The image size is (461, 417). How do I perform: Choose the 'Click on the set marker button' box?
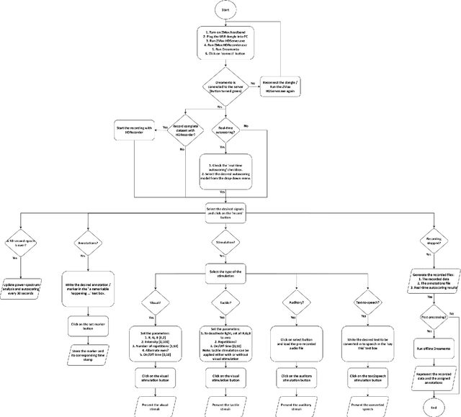point(89,305)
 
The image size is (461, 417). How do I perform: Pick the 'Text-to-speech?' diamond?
point(367,303)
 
